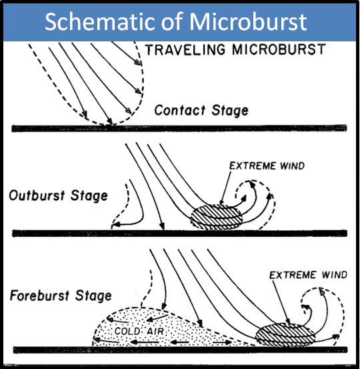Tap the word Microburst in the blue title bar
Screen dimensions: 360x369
coord(248,21)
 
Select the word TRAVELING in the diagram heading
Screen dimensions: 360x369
coord(185,49)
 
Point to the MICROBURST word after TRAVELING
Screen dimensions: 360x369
coord(279,49)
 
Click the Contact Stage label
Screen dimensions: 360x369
coord(201,110)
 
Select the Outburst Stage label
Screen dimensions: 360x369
coord(58,196)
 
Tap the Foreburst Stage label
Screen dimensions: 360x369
coord(61,296)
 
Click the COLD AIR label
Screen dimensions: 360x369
coord(139,332)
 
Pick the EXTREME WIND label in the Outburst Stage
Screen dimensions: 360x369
coord(267,166)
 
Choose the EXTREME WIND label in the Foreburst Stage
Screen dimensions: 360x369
coord(308,275)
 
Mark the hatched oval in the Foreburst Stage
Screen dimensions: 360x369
coord(285,334)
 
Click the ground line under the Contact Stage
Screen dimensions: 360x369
coord(179,129)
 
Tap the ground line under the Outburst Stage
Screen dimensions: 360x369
coord(179,234)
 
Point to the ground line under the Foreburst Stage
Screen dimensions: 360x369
coord(181,350)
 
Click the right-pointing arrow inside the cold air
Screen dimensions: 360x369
coord(223,342)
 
